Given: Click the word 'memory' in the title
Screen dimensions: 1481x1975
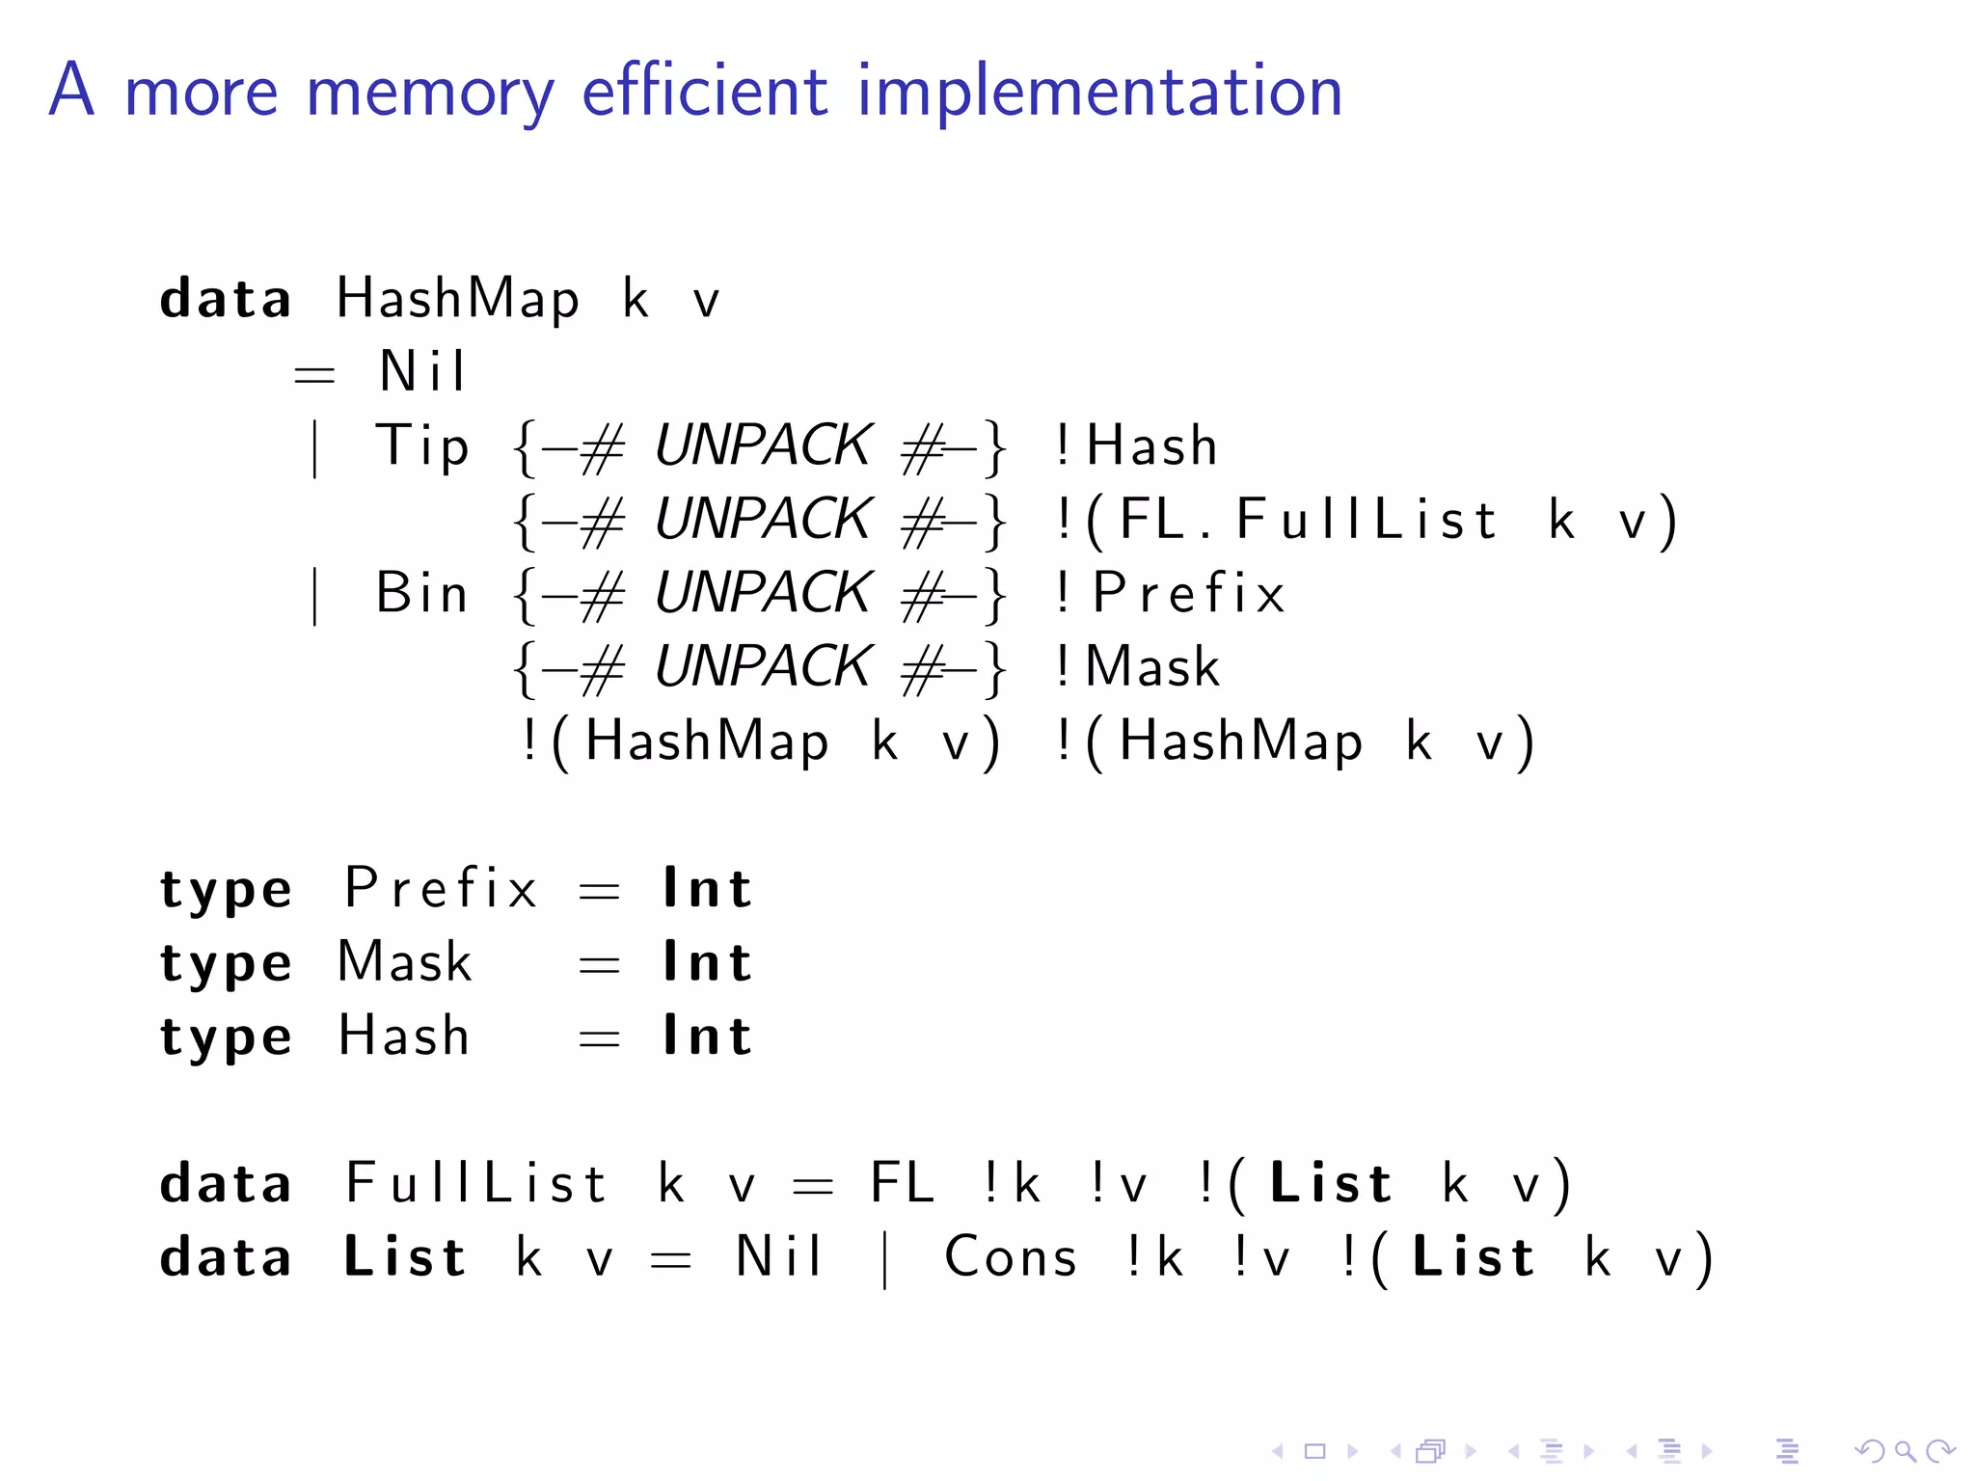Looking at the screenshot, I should coord(430,94).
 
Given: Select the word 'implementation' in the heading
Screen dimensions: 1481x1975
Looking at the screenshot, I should coord(1099,94).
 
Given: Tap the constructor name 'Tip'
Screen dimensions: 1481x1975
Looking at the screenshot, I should coord(421,446).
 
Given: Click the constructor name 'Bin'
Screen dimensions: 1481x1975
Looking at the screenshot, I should coord(421,593).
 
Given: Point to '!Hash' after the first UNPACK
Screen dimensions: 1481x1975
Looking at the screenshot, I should coord(1136,446).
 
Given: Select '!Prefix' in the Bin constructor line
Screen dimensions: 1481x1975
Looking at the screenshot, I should coord(1170,593).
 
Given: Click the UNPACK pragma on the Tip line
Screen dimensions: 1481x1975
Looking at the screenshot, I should coord(762,446).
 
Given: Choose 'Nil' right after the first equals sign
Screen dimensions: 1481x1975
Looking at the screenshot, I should coord(422,372).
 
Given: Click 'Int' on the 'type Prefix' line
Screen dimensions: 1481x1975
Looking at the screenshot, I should coord(707,888).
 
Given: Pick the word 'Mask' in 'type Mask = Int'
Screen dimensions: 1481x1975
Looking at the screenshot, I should coord(405,962).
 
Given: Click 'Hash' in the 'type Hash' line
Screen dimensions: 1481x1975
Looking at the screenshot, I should coord(404,1037).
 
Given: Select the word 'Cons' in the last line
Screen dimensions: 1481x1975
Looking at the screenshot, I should coord(1010,1257).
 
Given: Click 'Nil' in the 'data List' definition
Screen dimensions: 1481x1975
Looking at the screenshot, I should coord(777,1257).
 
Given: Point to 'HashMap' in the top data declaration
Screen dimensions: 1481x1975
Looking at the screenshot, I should coord(458,299).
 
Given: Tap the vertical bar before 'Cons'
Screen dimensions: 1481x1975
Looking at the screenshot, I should coord(885,1259).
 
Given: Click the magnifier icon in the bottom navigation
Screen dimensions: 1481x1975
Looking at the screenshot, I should coord(1905,1451).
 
